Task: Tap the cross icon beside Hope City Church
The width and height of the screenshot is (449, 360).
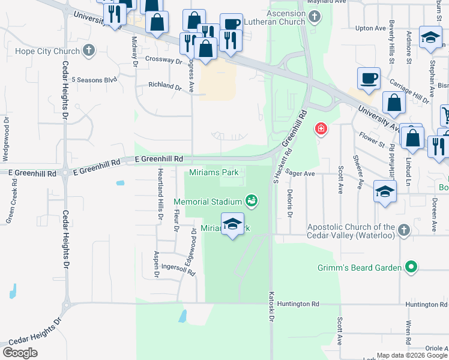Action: click(89, 50)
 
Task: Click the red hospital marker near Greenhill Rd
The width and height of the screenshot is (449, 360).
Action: click(321, 128)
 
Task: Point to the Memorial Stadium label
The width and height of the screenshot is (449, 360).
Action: click(208, 200)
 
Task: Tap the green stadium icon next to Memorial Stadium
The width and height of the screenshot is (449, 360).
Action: click(252, 200)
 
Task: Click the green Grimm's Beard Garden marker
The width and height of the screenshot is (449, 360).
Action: click(411, 266)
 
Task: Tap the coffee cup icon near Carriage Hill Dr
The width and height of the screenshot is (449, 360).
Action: click(369, 78)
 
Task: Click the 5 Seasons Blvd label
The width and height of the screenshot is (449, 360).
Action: click(94, 79)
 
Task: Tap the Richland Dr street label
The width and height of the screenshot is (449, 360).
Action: click(165, 87)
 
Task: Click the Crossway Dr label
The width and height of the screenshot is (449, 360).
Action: click(163, 61)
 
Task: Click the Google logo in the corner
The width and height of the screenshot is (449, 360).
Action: click(20, 353)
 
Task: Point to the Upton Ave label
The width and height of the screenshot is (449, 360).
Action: click(370, 28)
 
